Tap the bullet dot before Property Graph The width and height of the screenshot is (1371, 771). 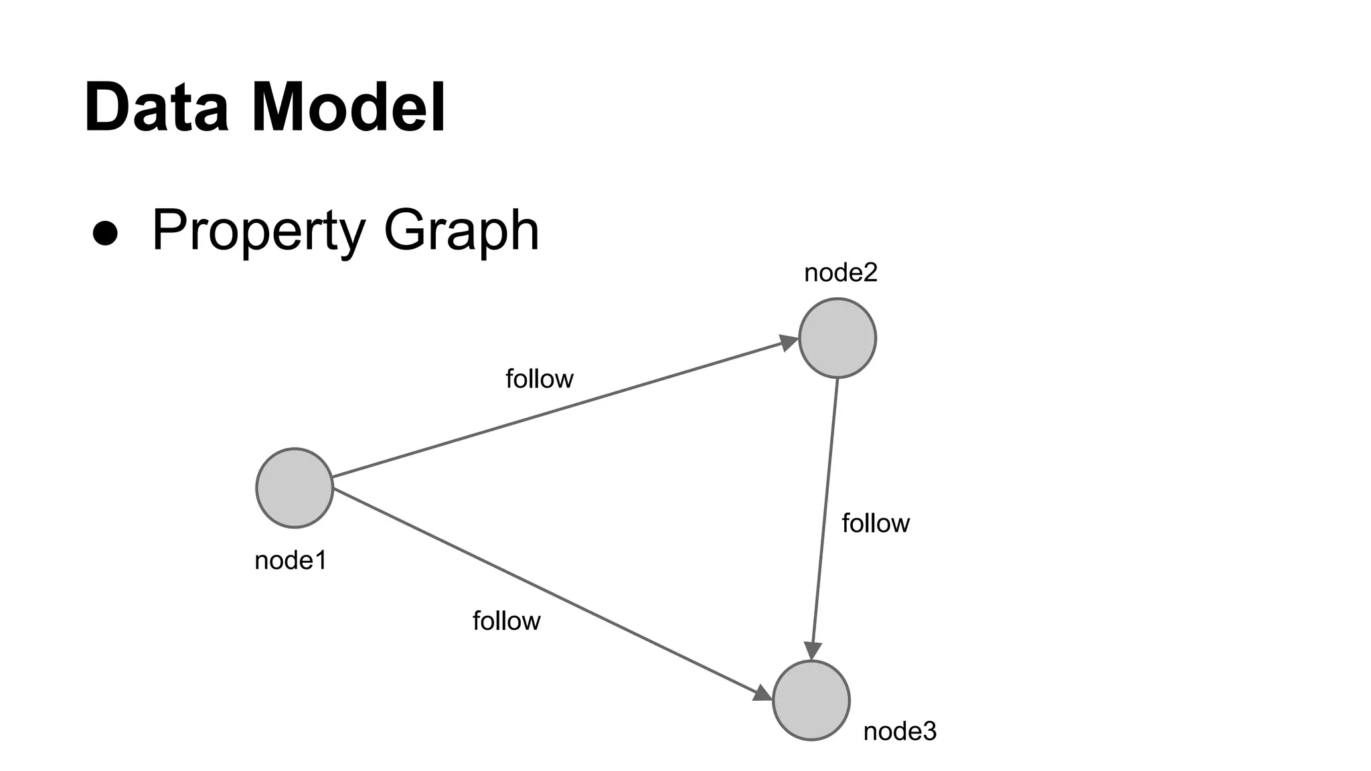[105, 233]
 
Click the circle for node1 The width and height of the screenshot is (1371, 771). [295, 488]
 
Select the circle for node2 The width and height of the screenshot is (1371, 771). [837, 338]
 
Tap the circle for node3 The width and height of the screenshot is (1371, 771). [811, 700]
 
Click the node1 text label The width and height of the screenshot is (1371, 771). [291, 560]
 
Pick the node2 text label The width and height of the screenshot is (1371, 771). [840, 272]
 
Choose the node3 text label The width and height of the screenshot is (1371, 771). [900, 732]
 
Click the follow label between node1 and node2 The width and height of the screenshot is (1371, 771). [539, 379]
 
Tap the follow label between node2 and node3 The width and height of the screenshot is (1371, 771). [875, 523]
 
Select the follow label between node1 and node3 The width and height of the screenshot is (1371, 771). [506, 621]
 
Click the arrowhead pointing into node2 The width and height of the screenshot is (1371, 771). [789, 342]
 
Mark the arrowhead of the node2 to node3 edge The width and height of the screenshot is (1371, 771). [813, 651]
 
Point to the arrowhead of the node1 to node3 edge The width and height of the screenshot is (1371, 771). [762, 693]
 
